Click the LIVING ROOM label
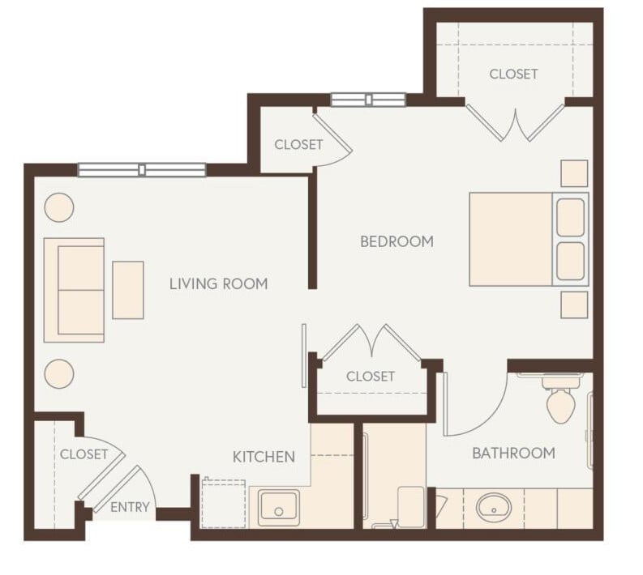click(x=218, y=283)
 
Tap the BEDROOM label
click(x=397, y=241)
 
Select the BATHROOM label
click(x=513, y=453)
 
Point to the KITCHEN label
click(x=264, y=457)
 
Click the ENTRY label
click(x=130, y=508)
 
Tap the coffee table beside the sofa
click(x=128, y=289)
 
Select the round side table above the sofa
click(x=59, y=207)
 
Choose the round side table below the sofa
click(x=59, y=373)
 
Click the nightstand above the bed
click(x=574, y=173)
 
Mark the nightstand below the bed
click(x=574, y=305)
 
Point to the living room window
click(x=142, y=170)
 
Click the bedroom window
click(x=367, y=100)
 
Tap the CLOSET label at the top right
click(x=513, y=74)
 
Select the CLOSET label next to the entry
click(x=84, y=454)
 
